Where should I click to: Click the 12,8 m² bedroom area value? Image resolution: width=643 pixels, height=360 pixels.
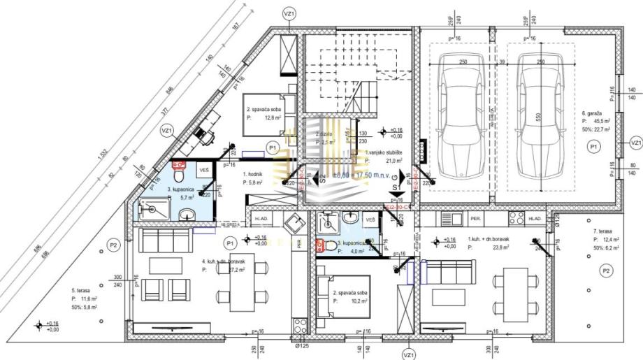(269, 119)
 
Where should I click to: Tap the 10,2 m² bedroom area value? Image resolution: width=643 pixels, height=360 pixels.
(356, 301)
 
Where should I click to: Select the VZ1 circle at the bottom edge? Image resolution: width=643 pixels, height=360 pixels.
(408, 354)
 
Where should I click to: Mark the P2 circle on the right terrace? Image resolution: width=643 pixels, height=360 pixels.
(606, 271)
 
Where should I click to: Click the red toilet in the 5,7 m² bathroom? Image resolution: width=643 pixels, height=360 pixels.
(178, 166)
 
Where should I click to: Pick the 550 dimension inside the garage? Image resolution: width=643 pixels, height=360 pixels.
(539, 120)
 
